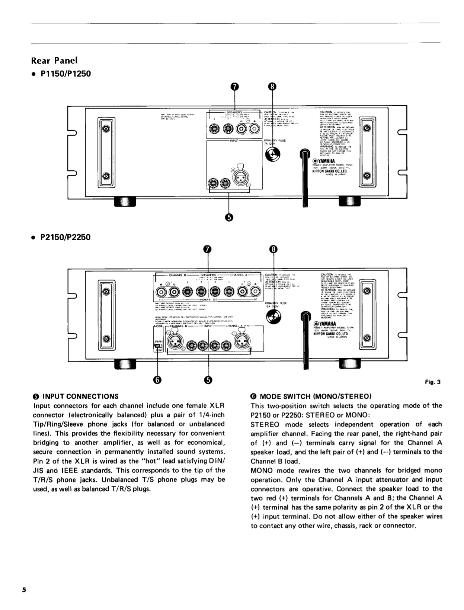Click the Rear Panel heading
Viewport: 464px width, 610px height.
tap(54, 60)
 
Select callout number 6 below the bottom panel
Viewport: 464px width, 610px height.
tap(158, 380)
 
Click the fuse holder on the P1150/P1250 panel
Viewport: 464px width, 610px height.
tap(273, 154)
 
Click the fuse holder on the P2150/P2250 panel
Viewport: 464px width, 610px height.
tap(274, 317)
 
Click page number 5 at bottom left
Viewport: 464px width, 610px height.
tap(24, 590)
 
